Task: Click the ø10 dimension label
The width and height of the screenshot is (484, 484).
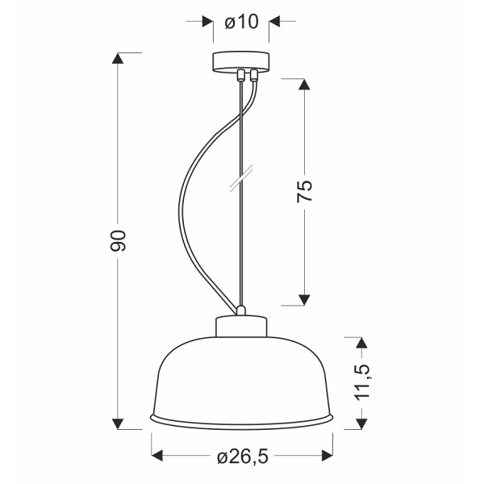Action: coord(241,22)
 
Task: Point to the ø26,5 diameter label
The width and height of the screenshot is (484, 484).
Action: coord(241,457)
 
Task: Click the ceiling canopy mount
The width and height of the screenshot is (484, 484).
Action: coord(241,62)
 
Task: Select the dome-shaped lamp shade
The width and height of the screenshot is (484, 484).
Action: coord(241,379)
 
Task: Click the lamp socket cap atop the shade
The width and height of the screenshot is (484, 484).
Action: coord(241,325)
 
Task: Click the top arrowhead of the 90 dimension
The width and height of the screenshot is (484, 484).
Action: coord(119,58)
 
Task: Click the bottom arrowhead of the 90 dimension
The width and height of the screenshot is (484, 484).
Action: coord(119,423)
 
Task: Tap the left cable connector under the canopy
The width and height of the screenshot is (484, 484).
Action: coord(240,77)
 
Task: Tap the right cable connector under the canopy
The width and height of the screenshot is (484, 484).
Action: coord(253,77)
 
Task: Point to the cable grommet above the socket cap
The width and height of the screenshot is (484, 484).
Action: coord(240,310)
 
